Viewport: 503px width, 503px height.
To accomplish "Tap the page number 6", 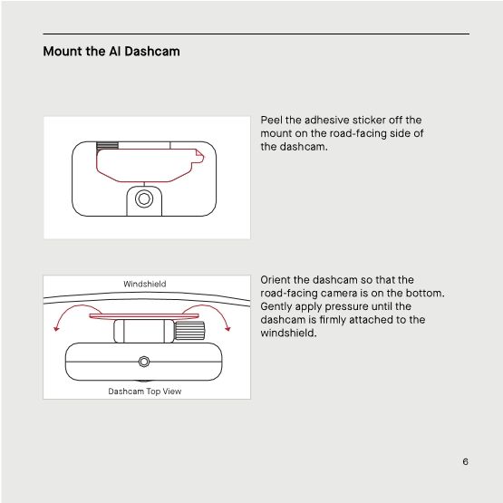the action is pos(465,461).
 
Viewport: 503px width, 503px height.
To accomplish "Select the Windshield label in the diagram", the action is pos(145,285).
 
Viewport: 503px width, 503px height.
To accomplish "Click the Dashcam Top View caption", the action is pos(145,392).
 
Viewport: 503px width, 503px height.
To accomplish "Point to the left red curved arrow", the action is pos(65,317).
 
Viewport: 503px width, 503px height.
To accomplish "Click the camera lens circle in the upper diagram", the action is pos(143,198).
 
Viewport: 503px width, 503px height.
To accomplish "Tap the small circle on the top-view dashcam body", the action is pos(143,362).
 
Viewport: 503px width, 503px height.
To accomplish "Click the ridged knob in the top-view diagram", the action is pos(189,332).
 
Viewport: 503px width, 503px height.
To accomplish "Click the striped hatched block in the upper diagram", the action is pos(108,145).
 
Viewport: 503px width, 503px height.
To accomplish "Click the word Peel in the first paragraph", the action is pos(271,120).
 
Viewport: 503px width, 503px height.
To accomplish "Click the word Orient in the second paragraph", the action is pos(276,280).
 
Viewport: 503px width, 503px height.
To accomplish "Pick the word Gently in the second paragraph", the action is pos(277,306).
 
